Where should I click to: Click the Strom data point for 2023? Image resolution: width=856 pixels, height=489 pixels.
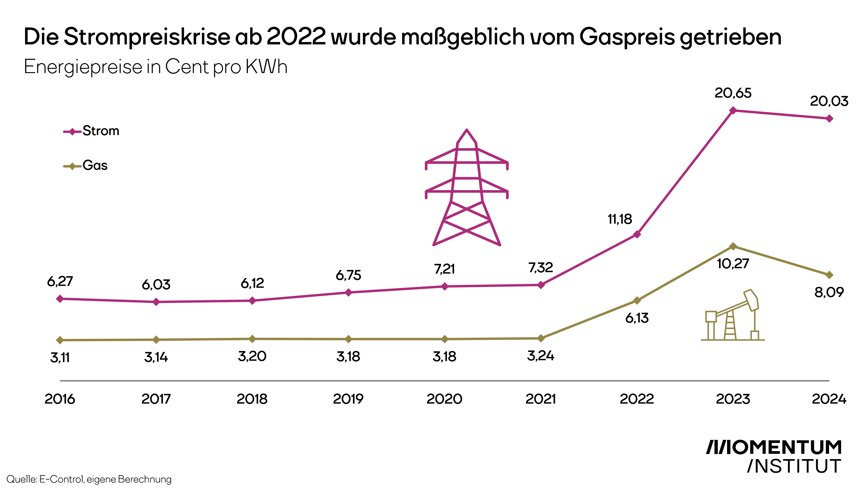pos(733,110)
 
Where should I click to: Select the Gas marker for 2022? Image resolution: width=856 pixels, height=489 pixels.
pos(637,300)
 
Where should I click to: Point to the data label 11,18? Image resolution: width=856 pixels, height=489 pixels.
pos(620,219)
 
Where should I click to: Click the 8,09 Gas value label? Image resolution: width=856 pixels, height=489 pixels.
pos(829,292)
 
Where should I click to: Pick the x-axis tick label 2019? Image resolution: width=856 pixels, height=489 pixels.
pos(348,399)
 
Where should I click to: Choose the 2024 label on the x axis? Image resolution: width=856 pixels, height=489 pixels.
pos(829,399)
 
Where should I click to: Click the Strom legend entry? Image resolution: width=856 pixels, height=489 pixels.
pos(91,131)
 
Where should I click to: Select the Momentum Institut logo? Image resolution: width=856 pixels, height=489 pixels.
pos(774,457)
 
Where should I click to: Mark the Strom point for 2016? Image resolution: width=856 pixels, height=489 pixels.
pos(60,299)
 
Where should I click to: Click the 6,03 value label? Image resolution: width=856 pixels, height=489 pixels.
pos(156,285)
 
